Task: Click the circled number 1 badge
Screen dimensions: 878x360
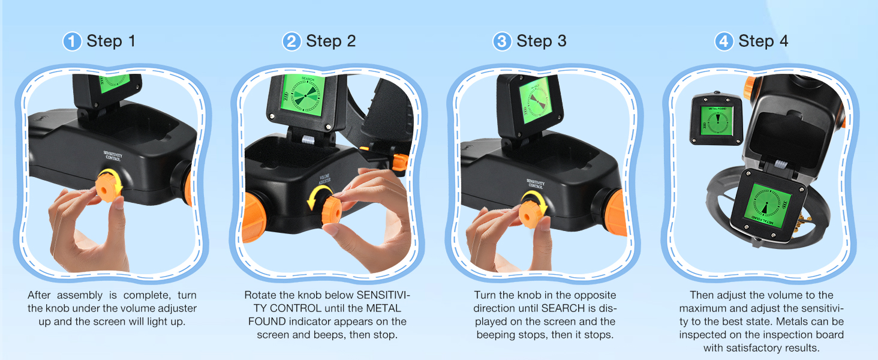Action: [72, 41]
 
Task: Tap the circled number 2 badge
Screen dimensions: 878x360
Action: [291, 41]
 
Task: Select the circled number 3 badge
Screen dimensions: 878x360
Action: [502, 41]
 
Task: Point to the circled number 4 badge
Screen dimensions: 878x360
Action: [724, 41]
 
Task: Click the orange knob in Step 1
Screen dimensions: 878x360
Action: [108, 187]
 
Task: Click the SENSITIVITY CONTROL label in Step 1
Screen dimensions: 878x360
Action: [113, 155]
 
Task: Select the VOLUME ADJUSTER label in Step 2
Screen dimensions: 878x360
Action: [324, 179]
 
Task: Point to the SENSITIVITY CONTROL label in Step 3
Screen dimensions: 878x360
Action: [536, 184]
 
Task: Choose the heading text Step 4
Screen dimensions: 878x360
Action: [763, 41]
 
